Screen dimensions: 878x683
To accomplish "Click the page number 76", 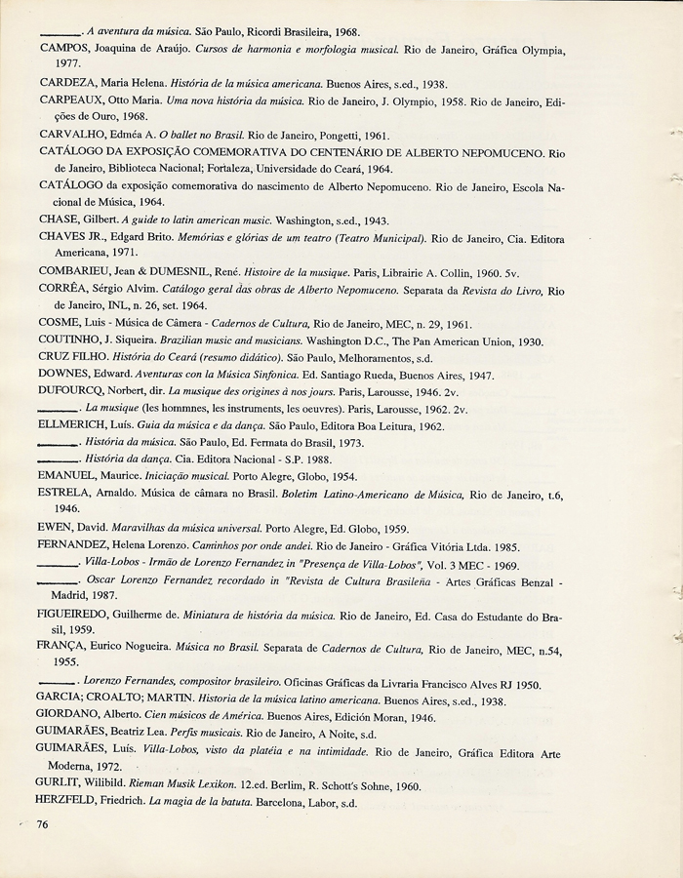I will [x=43, y=824].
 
